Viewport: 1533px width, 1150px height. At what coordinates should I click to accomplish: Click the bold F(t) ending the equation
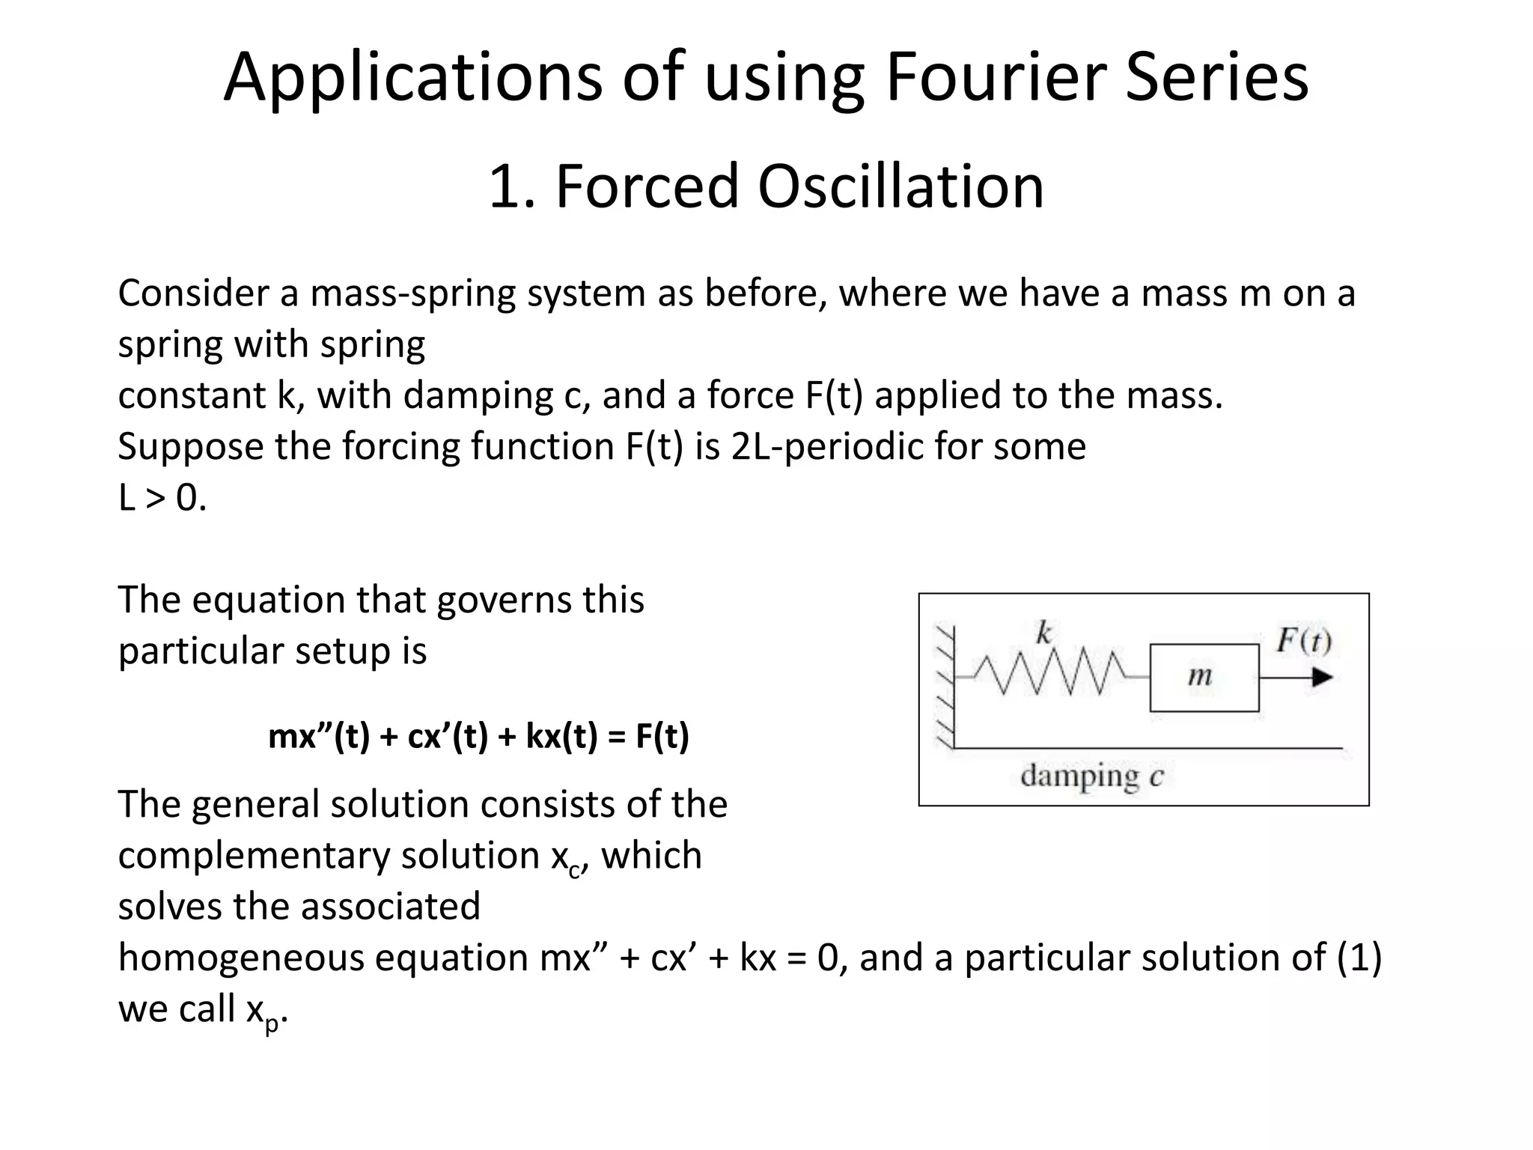point(662,736)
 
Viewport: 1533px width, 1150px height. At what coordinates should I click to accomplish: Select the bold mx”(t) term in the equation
point(319,736)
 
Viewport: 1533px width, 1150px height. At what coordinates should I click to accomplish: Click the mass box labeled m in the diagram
point(1204,677)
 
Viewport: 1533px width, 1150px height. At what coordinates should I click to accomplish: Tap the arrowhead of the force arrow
point(1322,677)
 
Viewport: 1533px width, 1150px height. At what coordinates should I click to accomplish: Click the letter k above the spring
point(1043,633)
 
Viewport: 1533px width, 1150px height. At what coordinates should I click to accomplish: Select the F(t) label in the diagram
point(1303,641)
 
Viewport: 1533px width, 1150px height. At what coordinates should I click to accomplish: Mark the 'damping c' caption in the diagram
point(1091,776)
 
